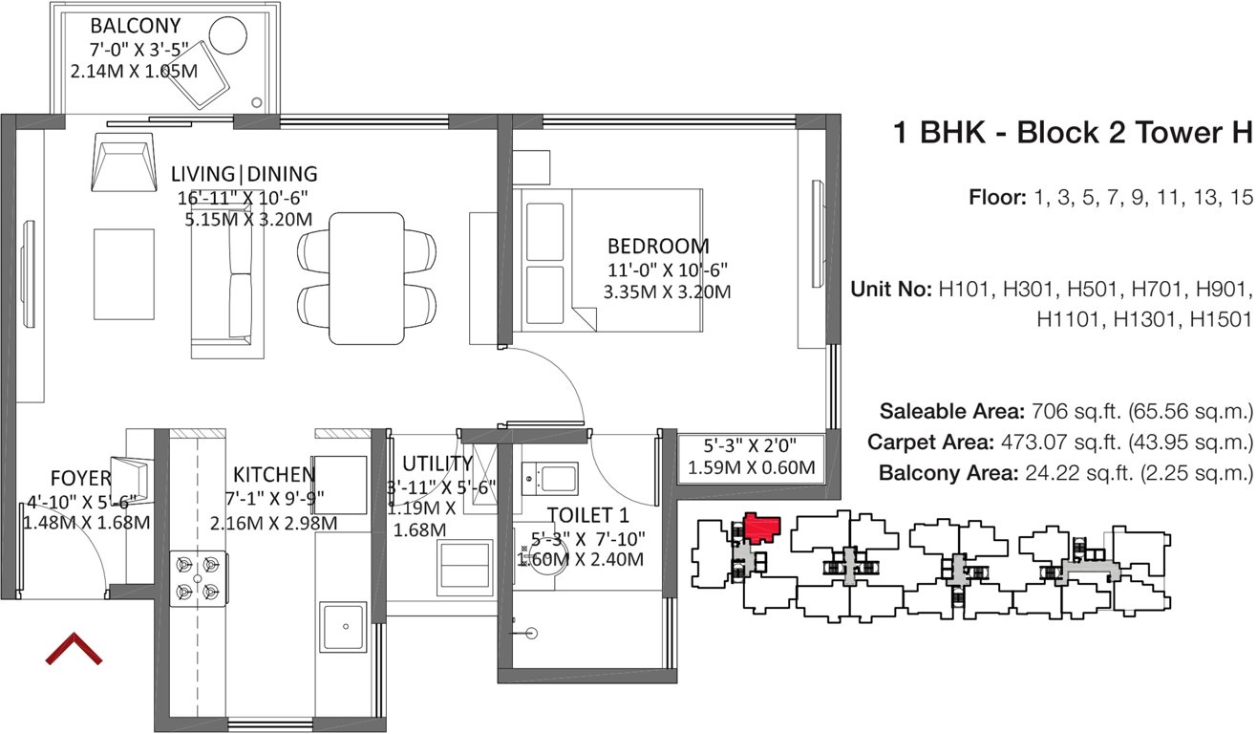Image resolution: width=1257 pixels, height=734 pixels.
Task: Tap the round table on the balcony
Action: (228, 37)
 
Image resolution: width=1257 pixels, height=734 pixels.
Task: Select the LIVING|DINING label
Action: (244, 174)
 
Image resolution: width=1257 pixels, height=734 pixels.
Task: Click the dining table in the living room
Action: (367, 278)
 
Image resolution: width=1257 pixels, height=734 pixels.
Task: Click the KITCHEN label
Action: (274, 475)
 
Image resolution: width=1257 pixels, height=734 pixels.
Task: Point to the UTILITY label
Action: (437, 464)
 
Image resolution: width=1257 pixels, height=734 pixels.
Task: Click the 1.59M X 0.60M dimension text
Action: (751, 468)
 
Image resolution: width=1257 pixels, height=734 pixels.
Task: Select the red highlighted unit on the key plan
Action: (761, 527)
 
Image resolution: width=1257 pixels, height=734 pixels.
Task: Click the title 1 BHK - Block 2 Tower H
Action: (1071, 132)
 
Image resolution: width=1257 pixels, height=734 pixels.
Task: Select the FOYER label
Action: (81, 478)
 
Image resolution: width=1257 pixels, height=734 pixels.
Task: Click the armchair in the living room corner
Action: (124, 164)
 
